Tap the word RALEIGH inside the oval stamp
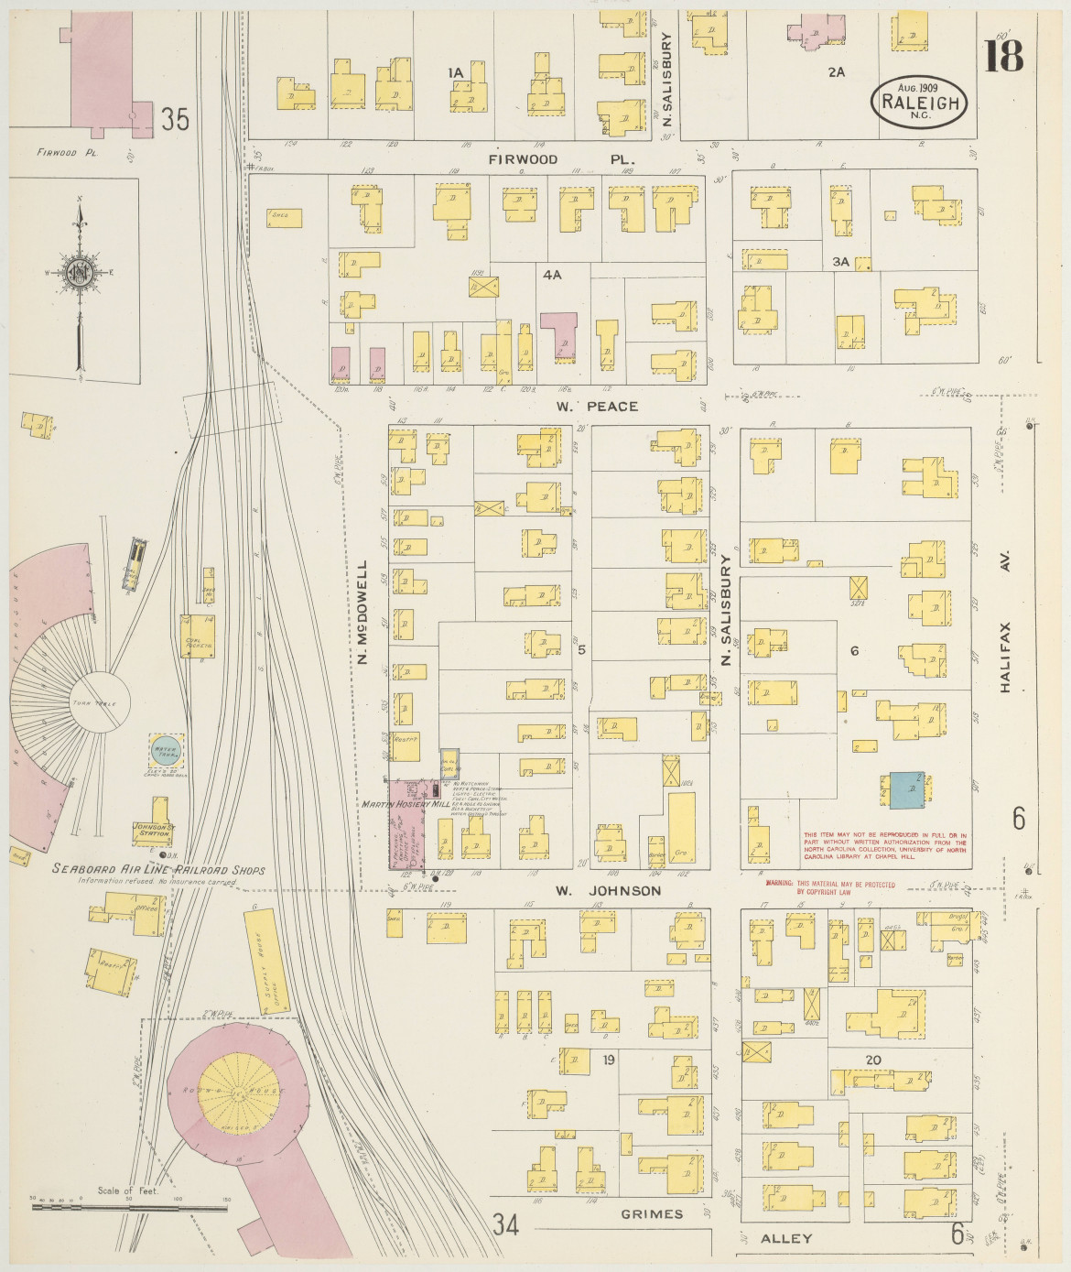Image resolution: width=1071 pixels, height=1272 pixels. pos(920,102)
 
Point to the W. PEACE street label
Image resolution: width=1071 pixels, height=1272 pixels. pos(597,406)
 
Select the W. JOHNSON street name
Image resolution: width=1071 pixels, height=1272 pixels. pos(608,890)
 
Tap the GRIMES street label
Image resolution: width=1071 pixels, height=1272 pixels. pos(652,1214)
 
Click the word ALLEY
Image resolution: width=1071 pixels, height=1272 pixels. pos(786,1238)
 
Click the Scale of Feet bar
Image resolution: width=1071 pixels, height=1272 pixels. pos(128,1208)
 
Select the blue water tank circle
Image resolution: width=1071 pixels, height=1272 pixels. pos(166,750)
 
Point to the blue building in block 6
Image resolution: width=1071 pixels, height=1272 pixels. pos(906,789)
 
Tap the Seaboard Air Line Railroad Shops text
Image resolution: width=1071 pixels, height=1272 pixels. pos(157,869)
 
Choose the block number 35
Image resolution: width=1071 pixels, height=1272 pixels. pos(175,119)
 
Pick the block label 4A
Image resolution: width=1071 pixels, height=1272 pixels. pos(551,274)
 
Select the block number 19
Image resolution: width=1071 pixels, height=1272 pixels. pos(608,1060)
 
